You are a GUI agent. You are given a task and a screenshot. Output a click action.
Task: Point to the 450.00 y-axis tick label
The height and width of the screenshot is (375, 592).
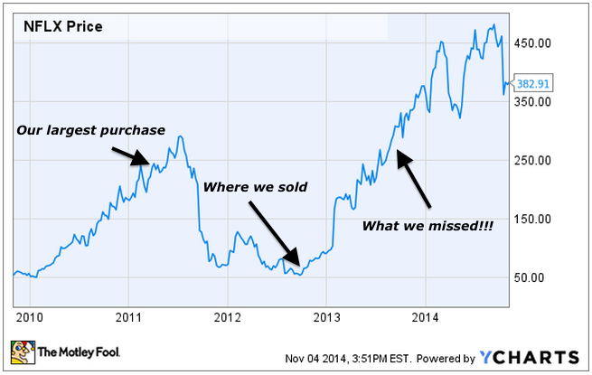point(532,42)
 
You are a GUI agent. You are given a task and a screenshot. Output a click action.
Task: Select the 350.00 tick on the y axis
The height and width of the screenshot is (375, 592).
point(532,101)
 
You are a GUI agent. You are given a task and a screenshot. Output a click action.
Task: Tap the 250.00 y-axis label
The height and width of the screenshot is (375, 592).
point(532,160)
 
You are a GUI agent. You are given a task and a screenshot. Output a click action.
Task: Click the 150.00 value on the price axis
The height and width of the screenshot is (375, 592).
point(532,219)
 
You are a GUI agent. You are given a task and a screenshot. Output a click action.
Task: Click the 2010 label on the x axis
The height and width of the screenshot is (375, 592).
point(28,316)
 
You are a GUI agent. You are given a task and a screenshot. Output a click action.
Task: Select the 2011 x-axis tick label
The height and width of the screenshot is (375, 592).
point(127,316)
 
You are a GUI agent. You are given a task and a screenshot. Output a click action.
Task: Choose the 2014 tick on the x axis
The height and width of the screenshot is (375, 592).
point(426,316)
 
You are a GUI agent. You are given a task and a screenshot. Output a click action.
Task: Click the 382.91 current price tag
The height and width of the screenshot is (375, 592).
point(532,83)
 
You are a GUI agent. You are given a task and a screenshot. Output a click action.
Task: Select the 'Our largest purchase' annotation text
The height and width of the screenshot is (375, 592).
point(90,130)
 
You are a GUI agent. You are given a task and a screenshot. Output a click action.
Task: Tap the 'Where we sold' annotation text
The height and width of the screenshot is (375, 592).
point(255,187)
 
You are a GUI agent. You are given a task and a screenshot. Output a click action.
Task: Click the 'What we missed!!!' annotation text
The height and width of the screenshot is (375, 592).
point(428,224)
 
